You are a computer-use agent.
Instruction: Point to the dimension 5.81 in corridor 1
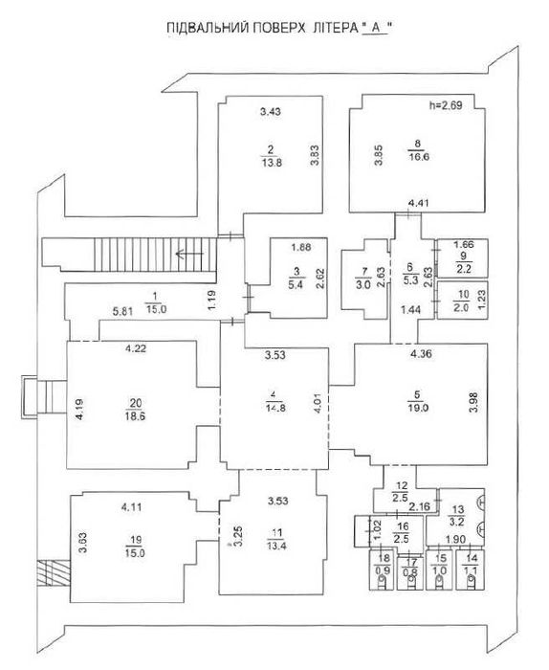122,310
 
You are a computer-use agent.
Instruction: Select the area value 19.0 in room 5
418,405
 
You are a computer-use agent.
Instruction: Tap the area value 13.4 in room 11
274,547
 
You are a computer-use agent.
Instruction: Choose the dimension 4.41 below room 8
417,203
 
